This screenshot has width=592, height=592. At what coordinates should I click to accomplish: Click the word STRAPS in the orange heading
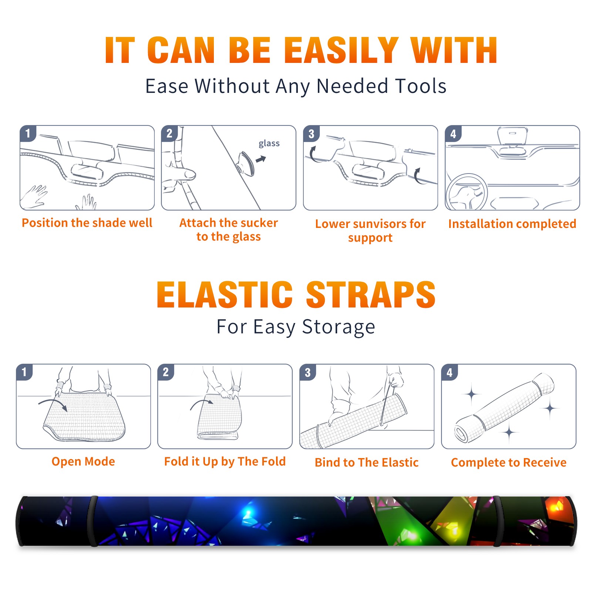(x=371, y=295)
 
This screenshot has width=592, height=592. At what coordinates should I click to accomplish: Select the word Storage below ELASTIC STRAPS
(x=338, y=327)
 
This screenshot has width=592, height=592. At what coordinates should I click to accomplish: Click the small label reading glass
(x=269, y=144)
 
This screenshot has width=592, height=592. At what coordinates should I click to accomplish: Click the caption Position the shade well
(x=87, y=223)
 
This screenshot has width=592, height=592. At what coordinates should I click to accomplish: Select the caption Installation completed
(x=512, y=224)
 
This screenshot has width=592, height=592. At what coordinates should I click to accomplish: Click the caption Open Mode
(x=83, y=461)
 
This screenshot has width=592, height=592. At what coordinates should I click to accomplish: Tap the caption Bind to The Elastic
(x=367, y=462)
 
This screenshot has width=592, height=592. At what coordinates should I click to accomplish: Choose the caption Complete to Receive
(x=509, y=462)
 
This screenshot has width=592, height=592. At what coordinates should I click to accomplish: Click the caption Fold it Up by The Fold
(x=225, y=461)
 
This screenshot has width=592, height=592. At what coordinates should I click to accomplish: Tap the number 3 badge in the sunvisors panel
(x=311, y=134)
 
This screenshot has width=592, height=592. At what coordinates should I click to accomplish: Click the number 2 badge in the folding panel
(x=166, y=372)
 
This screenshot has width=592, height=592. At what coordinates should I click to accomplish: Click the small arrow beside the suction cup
(x=261, y=159)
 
